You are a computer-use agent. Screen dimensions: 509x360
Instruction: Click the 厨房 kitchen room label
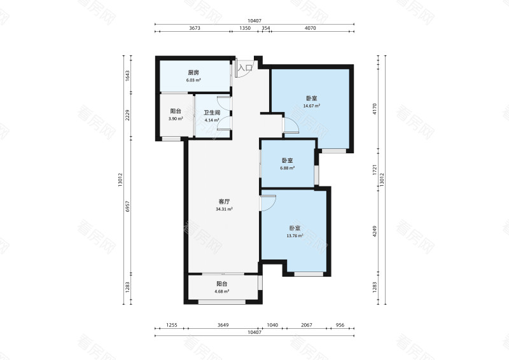(x=193, y=73)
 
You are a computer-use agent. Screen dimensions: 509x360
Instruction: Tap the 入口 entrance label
(x=246, y=68)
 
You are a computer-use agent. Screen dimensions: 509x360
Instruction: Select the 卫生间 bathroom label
(x=212, y=113)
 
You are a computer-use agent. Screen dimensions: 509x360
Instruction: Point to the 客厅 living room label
(x=225, y=202)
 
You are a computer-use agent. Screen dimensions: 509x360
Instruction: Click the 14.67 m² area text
(x=312, y=106)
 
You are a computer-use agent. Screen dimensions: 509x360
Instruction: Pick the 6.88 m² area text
(x=288, y=168)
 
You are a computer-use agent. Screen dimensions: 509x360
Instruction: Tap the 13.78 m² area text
(x=295, y=236)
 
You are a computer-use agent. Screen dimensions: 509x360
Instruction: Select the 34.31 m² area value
(x=224, y=209)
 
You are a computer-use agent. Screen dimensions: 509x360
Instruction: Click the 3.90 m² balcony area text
(x=176, y=119)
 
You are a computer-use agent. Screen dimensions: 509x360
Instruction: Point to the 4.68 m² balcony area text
(x=221, y=291)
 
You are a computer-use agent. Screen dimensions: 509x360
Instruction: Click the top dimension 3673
(x=195, y=28)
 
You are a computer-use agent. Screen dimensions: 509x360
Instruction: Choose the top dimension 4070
(x=310, y=28)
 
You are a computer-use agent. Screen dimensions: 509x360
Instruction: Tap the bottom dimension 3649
(x=223, y=325)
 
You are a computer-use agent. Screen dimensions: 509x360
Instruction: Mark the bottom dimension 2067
(x=307, y=325)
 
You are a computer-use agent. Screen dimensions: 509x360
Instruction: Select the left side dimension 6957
(x=128, y=207)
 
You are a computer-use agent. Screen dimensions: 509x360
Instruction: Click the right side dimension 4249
(x=375, y=231)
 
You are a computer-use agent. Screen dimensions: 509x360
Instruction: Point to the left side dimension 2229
(x=128, y=115)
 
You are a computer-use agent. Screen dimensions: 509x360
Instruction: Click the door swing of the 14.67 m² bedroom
(x=291, y=125)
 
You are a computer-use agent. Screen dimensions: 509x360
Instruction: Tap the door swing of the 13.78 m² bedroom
(x=268, y=203)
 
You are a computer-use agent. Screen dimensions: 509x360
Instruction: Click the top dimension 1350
(x=245, y=28)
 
